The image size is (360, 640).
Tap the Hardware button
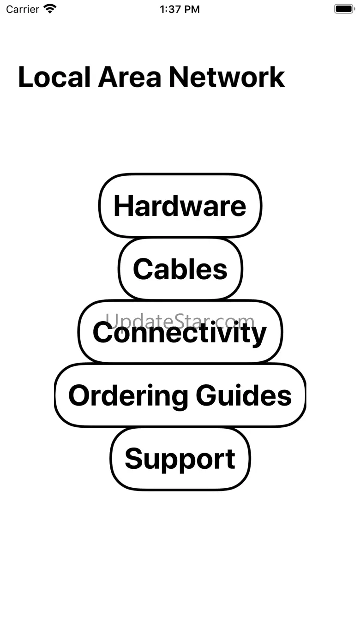(x=180, y=206)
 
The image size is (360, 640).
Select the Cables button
(x=180, y=269)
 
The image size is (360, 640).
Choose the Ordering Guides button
(x=180, y=395)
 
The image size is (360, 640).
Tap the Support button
(x=180, y=459)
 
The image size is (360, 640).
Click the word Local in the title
(x=54, y=77)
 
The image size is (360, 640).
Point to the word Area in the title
(x=130, y=77)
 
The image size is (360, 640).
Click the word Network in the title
(x=227, y=77)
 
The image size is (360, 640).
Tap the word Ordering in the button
(x=128, y=395)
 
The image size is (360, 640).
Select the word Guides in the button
(x=244, y=395)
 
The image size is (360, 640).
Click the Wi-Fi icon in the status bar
(x=49, y=9)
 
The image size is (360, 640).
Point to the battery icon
(x=344, y=9)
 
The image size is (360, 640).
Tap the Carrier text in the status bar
(x=23, y=9)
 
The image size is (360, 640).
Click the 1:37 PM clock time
(x=180, y=9)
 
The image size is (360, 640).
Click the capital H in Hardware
(x=123, y=206)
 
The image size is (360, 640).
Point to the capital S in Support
(x=134, y=459)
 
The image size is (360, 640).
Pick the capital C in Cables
(x=143, y=269)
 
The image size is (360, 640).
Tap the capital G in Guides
(x=206, y=395)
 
